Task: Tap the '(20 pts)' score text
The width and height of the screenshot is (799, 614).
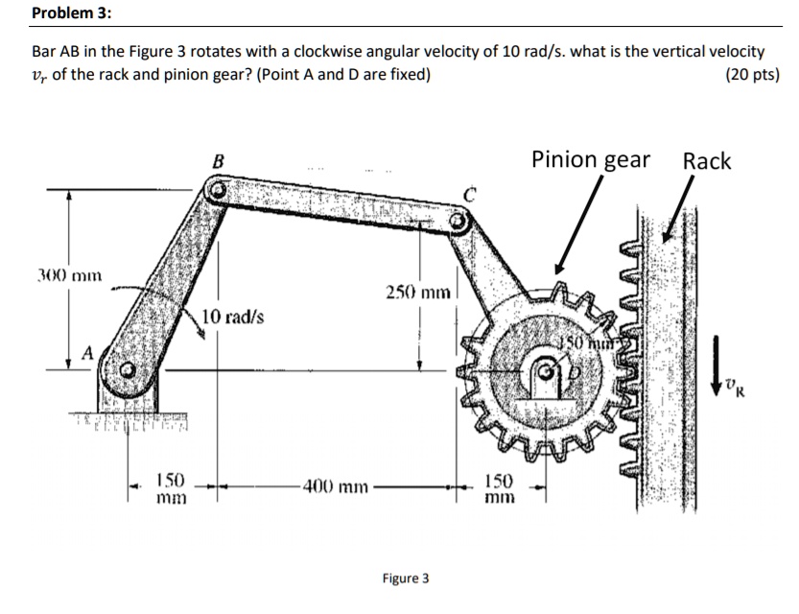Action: (x=754, y=75)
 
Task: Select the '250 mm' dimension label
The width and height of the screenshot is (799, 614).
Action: (x=416, y=291)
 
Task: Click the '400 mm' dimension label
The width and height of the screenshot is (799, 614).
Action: (x=333, y=486)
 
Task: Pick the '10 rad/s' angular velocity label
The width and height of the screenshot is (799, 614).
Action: (x=235, y=317)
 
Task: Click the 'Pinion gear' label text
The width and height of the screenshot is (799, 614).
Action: (x=592, y=160)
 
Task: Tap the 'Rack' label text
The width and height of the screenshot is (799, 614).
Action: (x=706, y=161)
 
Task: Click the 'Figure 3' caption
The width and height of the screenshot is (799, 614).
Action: (x=406, y=579)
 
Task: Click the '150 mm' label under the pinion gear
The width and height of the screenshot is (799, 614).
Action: (x=500, y=488)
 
